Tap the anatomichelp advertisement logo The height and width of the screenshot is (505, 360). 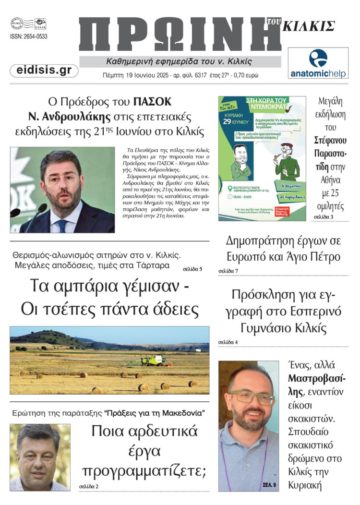318,63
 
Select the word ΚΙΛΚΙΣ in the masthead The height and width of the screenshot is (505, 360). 308,26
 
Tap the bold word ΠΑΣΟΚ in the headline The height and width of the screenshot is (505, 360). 152,102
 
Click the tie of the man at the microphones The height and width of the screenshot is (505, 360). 63,225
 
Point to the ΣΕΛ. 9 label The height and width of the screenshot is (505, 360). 269,485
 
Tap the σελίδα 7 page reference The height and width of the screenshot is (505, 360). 228,271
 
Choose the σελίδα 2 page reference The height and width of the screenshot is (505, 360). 89,486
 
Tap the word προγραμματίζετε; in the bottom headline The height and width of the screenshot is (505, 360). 144,471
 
